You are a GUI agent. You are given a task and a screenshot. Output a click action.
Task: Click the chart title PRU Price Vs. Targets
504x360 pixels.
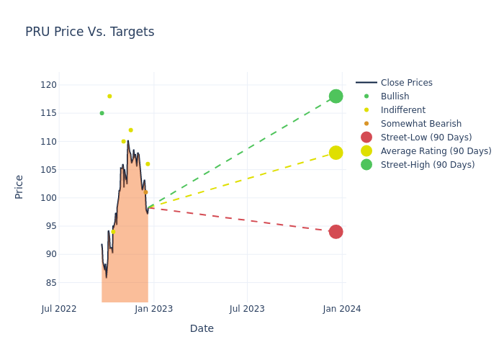pyautogui.click(x=89, y=32)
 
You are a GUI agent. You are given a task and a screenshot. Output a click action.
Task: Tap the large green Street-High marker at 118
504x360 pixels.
pyautogui.click(x=336, y=96)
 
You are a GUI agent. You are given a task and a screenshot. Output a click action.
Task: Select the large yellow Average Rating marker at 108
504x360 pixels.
pyautogui.click(x=336, y=153)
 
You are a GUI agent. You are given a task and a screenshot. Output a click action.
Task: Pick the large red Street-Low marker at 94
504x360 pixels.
pyautogui.click(x=336, y=232)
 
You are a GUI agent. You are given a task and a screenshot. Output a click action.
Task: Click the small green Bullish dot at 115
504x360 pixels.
pyautogui.click(x=102, y=113)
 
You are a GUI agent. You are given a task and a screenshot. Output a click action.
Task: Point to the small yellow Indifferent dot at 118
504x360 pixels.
pyautogui.click(x=109, y=96)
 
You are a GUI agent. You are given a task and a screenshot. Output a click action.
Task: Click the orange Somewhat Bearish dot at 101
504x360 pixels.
pyautogui.click(x=145, y=192)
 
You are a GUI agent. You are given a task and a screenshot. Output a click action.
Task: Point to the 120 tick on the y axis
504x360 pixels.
pyautogui.click(x=48, y=85)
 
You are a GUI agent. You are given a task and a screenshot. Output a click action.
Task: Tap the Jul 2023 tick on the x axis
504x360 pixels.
pyautogui.click(x=247, y=309)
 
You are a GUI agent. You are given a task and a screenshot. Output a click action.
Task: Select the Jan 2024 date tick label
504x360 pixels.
pyautogui.click(x=341, y=309)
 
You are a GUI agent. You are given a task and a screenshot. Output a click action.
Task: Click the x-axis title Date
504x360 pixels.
pyautogui.click(x=202, y=328)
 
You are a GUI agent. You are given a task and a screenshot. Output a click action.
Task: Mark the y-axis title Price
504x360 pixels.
pyautogui.click(x=19, y=186)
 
